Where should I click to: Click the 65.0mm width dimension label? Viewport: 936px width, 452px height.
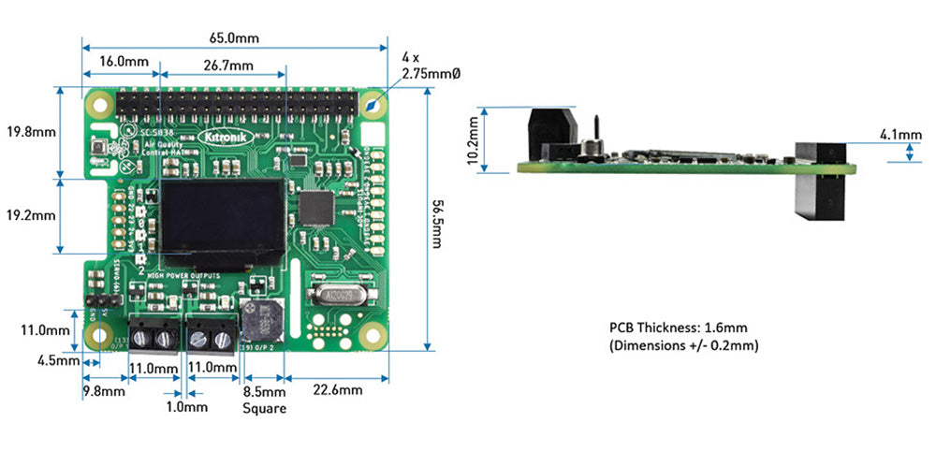234,38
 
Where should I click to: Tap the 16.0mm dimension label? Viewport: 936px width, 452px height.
124,62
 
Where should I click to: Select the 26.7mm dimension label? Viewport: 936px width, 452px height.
227,66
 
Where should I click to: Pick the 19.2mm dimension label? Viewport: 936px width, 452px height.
31,215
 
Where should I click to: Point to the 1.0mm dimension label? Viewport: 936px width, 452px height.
185,407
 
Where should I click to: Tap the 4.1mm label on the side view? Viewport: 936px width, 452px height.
900,134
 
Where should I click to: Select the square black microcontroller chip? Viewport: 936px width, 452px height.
315,206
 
